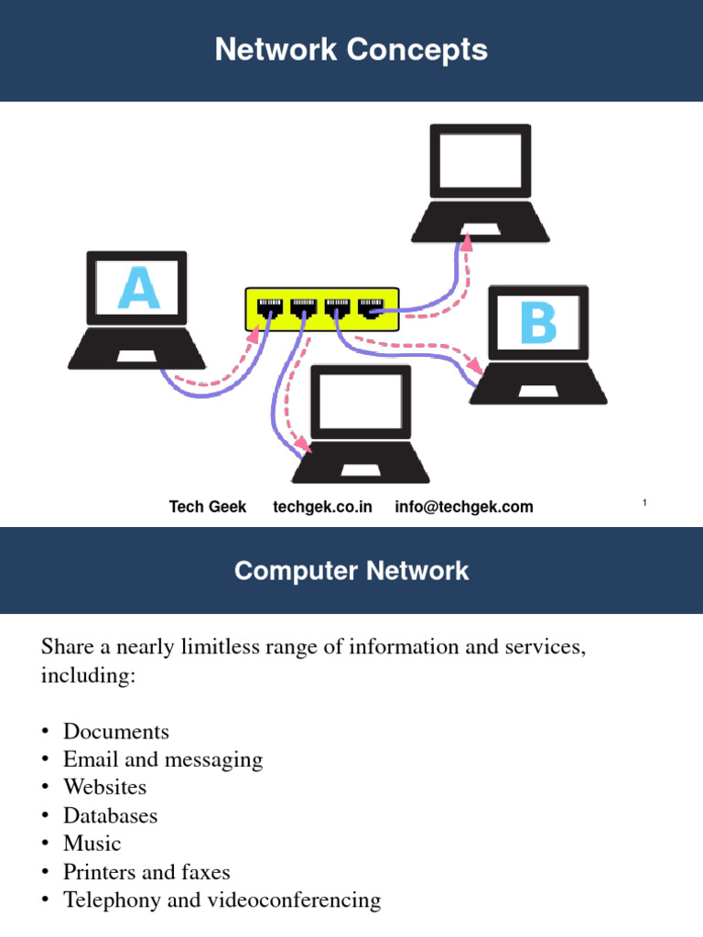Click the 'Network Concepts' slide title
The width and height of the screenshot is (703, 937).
point(351,49)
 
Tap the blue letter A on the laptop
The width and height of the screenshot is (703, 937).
point(137,288)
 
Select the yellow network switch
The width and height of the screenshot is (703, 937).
point(321,309)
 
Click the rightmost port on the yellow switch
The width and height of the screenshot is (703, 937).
point(370,307)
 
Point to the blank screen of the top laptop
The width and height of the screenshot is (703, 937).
point(480,162)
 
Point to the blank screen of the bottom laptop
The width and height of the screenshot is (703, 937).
point(361,403)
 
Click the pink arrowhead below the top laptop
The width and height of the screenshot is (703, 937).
point(467,241)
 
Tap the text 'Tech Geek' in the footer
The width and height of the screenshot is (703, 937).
point(208,507)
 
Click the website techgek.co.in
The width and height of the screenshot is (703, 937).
point(322,507)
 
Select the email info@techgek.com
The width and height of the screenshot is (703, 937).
point(464,507)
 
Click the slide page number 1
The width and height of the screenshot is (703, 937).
point(644,502)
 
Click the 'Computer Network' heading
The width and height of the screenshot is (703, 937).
point(351,571)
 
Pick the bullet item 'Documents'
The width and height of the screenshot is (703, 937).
point(116,732)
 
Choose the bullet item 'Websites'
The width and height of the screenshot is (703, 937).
point(104,787)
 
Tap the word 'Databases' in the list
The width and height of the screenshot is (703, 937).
point(110,815)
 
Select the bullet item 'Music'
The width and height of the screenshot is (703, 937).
point(92,843)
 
